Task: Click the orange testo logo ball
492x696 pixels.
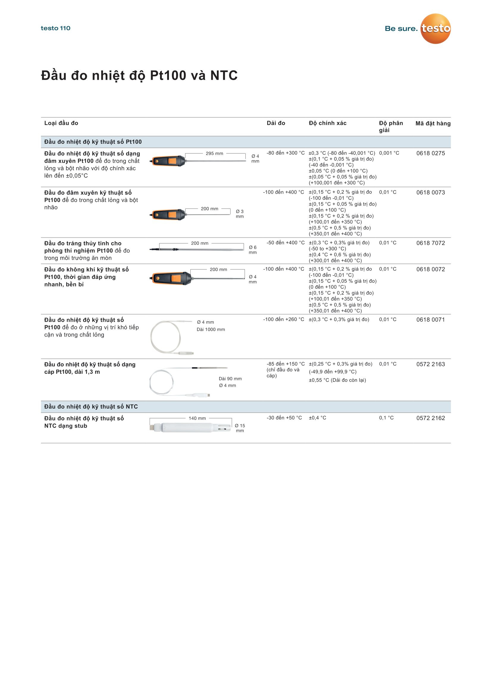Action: [x=435, y=29]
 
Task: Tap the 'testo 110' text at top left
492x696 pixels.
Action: [x=55, y=28]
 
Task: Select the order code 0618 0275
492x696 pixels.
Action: [x=430, y=153]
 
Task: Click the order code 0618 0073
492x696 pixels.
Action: [x=430, y=192]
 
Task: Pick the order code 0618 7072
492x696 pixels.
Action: [x=430, y=243]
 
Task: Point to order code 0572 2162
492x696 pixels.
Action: [x=430, y=418]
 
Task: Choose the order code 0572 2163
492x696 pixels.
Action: [x=430, y=364]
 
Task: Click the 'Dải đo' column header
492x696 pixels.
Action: [x=276, y=123]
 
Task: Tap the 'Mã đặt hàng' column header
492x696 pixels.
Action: [x=433, y=123]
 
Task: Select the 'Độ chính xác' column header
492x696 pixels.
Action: [x=328, y=123]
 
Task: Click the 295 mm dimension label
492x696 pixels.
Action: [x=214, y=153]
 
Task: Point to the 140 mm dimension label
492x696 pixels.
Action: [x=197, y=418]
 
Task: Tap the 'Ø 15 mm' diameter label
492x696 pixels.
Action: [x=240, y=428]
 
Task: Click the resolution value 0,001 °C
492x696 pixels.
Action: [x=389, y=153]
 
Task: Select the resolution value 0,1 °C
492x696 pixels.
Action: [x=386, y=418]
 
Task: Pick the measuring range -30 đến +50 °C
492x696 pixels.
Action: [x=284, y=418]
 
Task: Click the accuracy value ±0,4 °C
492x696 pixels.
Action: [x=317, y=418]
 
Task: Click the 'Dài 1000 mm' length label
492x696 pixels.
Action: [x=211, y=329]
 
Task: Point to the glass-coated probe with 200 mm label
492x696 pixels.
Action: [x=197, y=249]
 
